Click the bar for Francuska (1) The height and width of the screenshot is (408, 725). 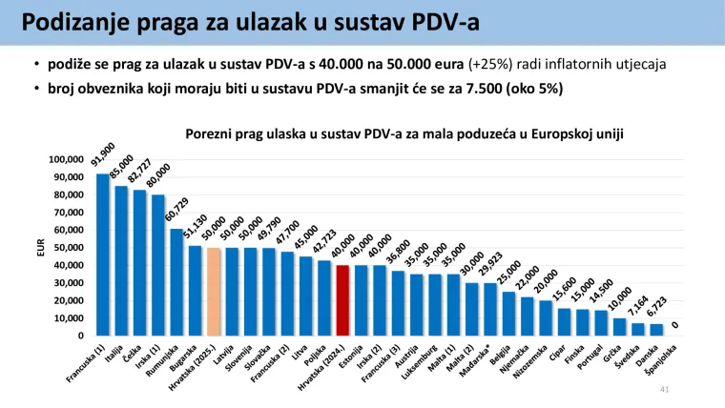pos(102,255)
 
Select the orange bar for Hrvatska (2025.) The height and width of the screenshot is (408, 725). pos(213,292)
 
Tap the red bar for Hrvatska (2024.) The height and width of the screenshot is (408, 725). pos(342,300)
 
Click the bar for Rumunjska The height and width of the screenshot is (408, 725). pos(176,282)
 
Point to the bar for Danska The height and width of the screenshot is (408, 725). pos(656,330)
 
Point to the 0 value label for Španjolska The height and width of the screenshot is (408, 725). pos(675,325)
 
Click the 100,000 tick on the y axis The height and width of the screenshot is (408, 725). pos(67,159)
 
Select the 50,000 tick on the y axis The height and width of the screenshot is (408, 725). pos(70,248)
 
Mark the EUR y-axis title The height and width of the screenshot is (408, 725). pos(41,248)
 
